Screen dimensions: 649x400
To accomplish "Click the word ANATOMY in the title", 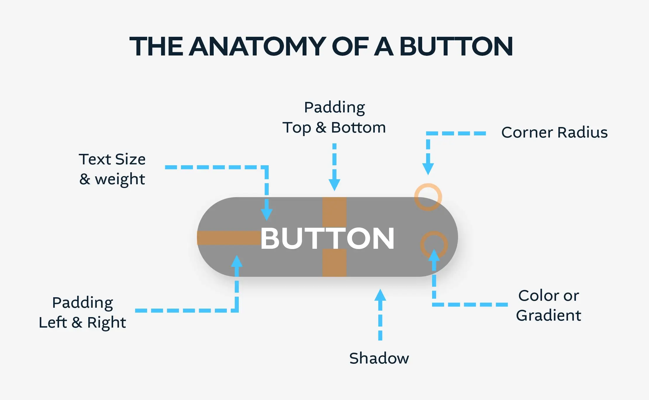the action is coord(258,46).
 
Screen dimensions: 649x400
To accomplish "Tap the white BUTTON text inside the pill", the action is coord(327,239).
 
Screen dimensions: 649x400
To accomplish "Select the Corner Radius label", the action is coord(555,133).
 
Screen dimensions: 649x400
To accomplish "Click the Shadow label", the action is coord(379,358).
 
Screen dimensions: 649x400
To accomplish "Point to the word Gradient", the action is coord(549,316).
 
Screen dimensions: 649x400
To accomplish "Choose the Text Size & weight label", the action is coord(112,169).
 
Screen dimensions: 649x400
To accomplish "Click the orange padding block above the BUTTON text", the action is coord(334,212).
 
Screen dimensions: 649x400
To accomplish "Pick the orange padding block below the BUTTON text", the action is coord(334,263).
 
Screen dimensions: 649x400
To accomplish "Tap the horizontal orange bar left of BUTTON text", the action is coord(229,238).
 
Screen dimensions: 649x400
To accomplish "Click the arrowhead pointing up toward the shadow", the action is coord(380,295).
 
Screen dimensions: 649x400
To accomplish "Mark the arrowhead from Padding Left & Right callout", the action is coord(237,261).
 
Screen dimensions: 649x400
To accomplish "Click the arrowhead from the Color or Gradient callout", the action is coord(434,255).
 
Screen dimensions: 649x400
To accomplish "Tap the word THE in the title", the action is coord(156,46).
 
